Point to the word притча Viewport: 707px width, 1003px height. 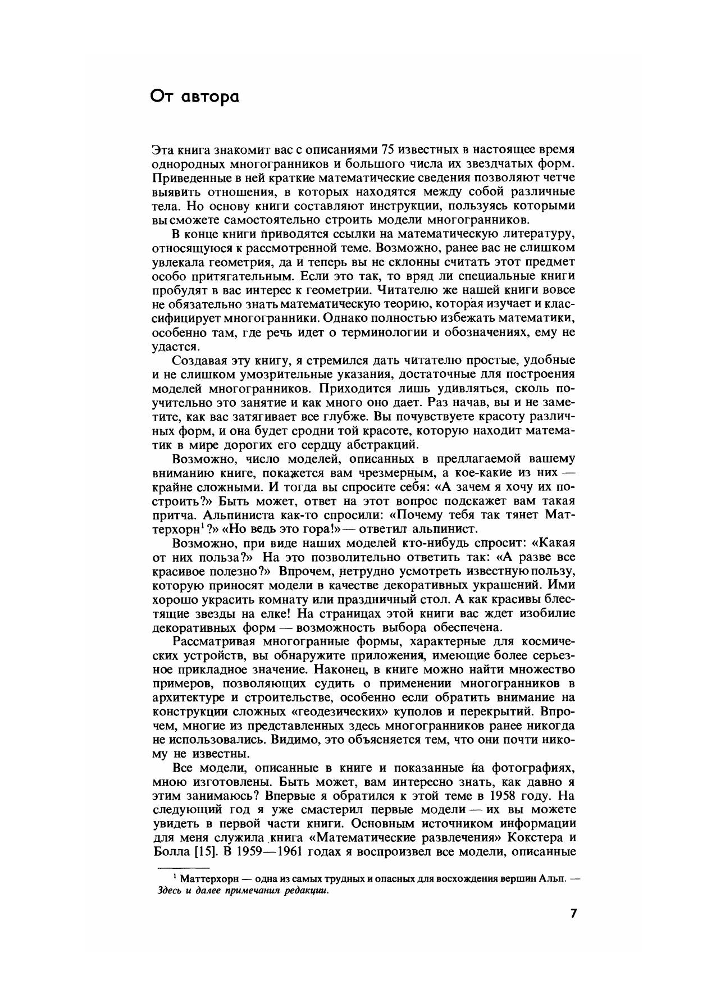[x=172, y=515]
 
